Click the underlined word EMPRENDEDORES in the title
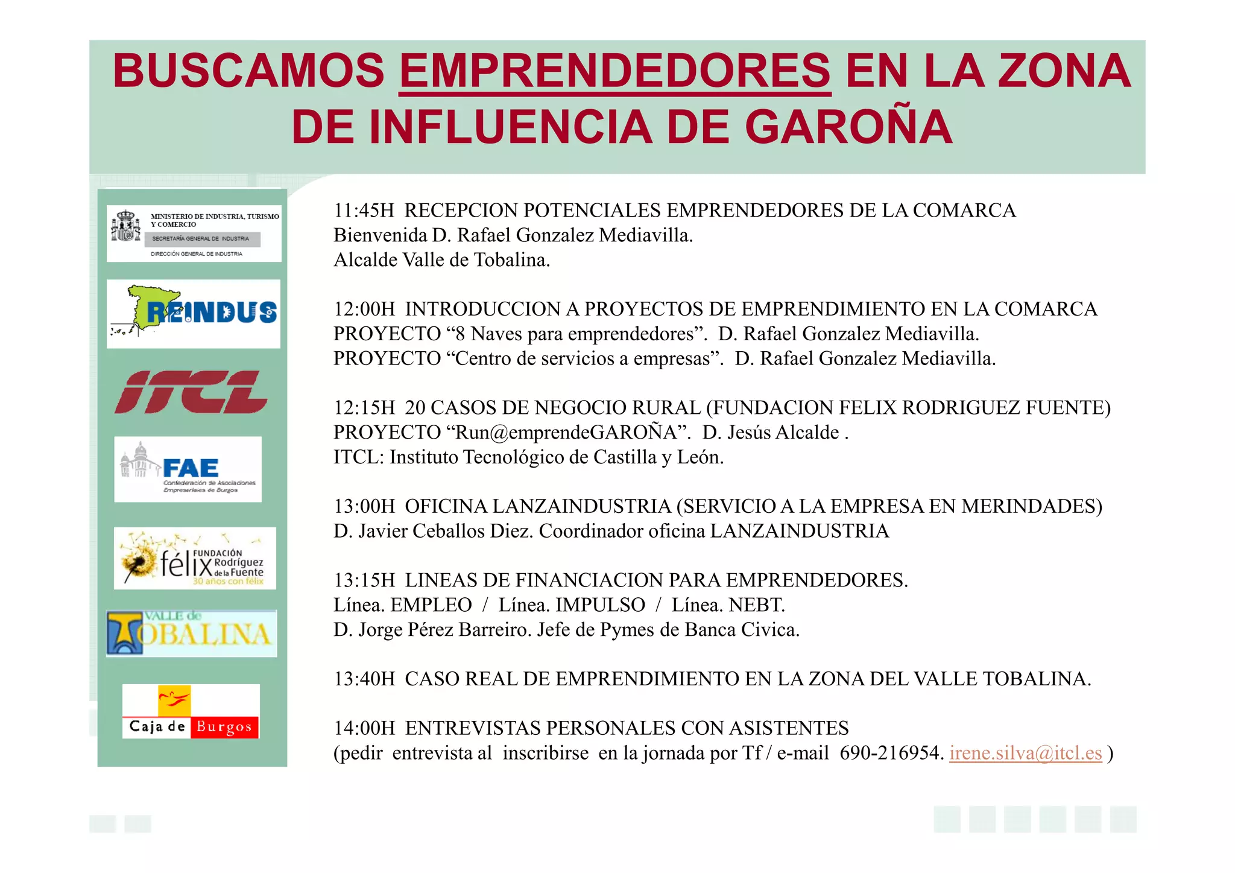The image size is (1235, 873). [x=614, y=71]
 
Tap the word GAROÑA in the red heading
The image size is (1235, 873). [x=848, y=127]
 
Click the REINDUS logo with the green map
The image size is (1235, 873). [x=194, y=314]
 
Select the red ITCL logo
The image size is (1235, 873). [x=191, y=392]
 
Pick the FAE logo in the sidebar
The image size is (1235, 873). [x=188, y=469]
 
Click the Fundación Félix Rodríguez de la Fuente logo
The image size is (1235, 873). [x=195, y=559]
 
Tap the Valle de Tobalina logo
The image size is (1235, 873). [x=192, y=633]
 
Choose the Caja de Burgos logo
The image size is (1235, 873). [x=191, y=711]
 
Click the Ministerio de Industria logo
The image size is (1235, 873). [x=194, y=233]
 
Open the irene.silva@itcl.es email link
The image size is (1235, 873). [x=1025, y=753]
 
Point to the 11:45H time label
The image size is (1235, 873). [x=364, y=211]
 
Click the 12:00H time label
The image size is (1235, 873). [x=364, y=309]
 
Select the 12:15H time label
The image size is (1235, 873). [x=364, y=408]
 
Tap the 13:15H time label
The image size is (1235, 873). [x=364, y=580]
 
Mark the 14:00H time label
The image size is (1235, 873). [x=364, y=728]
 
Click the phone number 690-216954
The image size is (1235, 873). [x=891, y=753]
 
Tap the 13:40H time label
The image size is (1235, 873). [x=364, y=679]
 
